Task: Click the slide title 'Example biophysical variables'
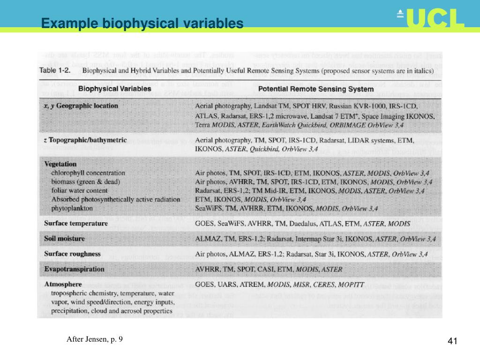[x=142, y=23]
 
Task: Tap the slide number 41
[x=452, y=341]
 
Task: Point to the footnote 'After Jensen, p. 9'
[x=94, y=339]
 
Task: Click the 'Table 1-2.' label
[x=55, y=71]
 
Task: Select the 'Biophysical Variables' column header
[x=114, y=88]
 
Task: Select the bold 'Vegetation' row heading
[x=60, y=164]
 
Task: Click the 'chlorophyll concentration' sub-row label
[x=89, y=173]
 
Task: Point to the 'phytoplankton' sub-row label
[x=72, y=208]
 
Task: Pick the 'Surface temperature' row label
[x=76, y=223]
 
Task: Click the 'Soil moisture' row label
[x=65, y=239]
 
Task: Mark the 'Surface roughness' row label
[x=72, y=254]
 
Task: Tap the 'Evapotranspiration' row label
[x=74, y=269]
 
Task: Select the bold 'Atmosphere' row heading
[x=63, y=284]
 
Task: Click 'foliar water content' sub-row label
[x=79, y=190]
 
